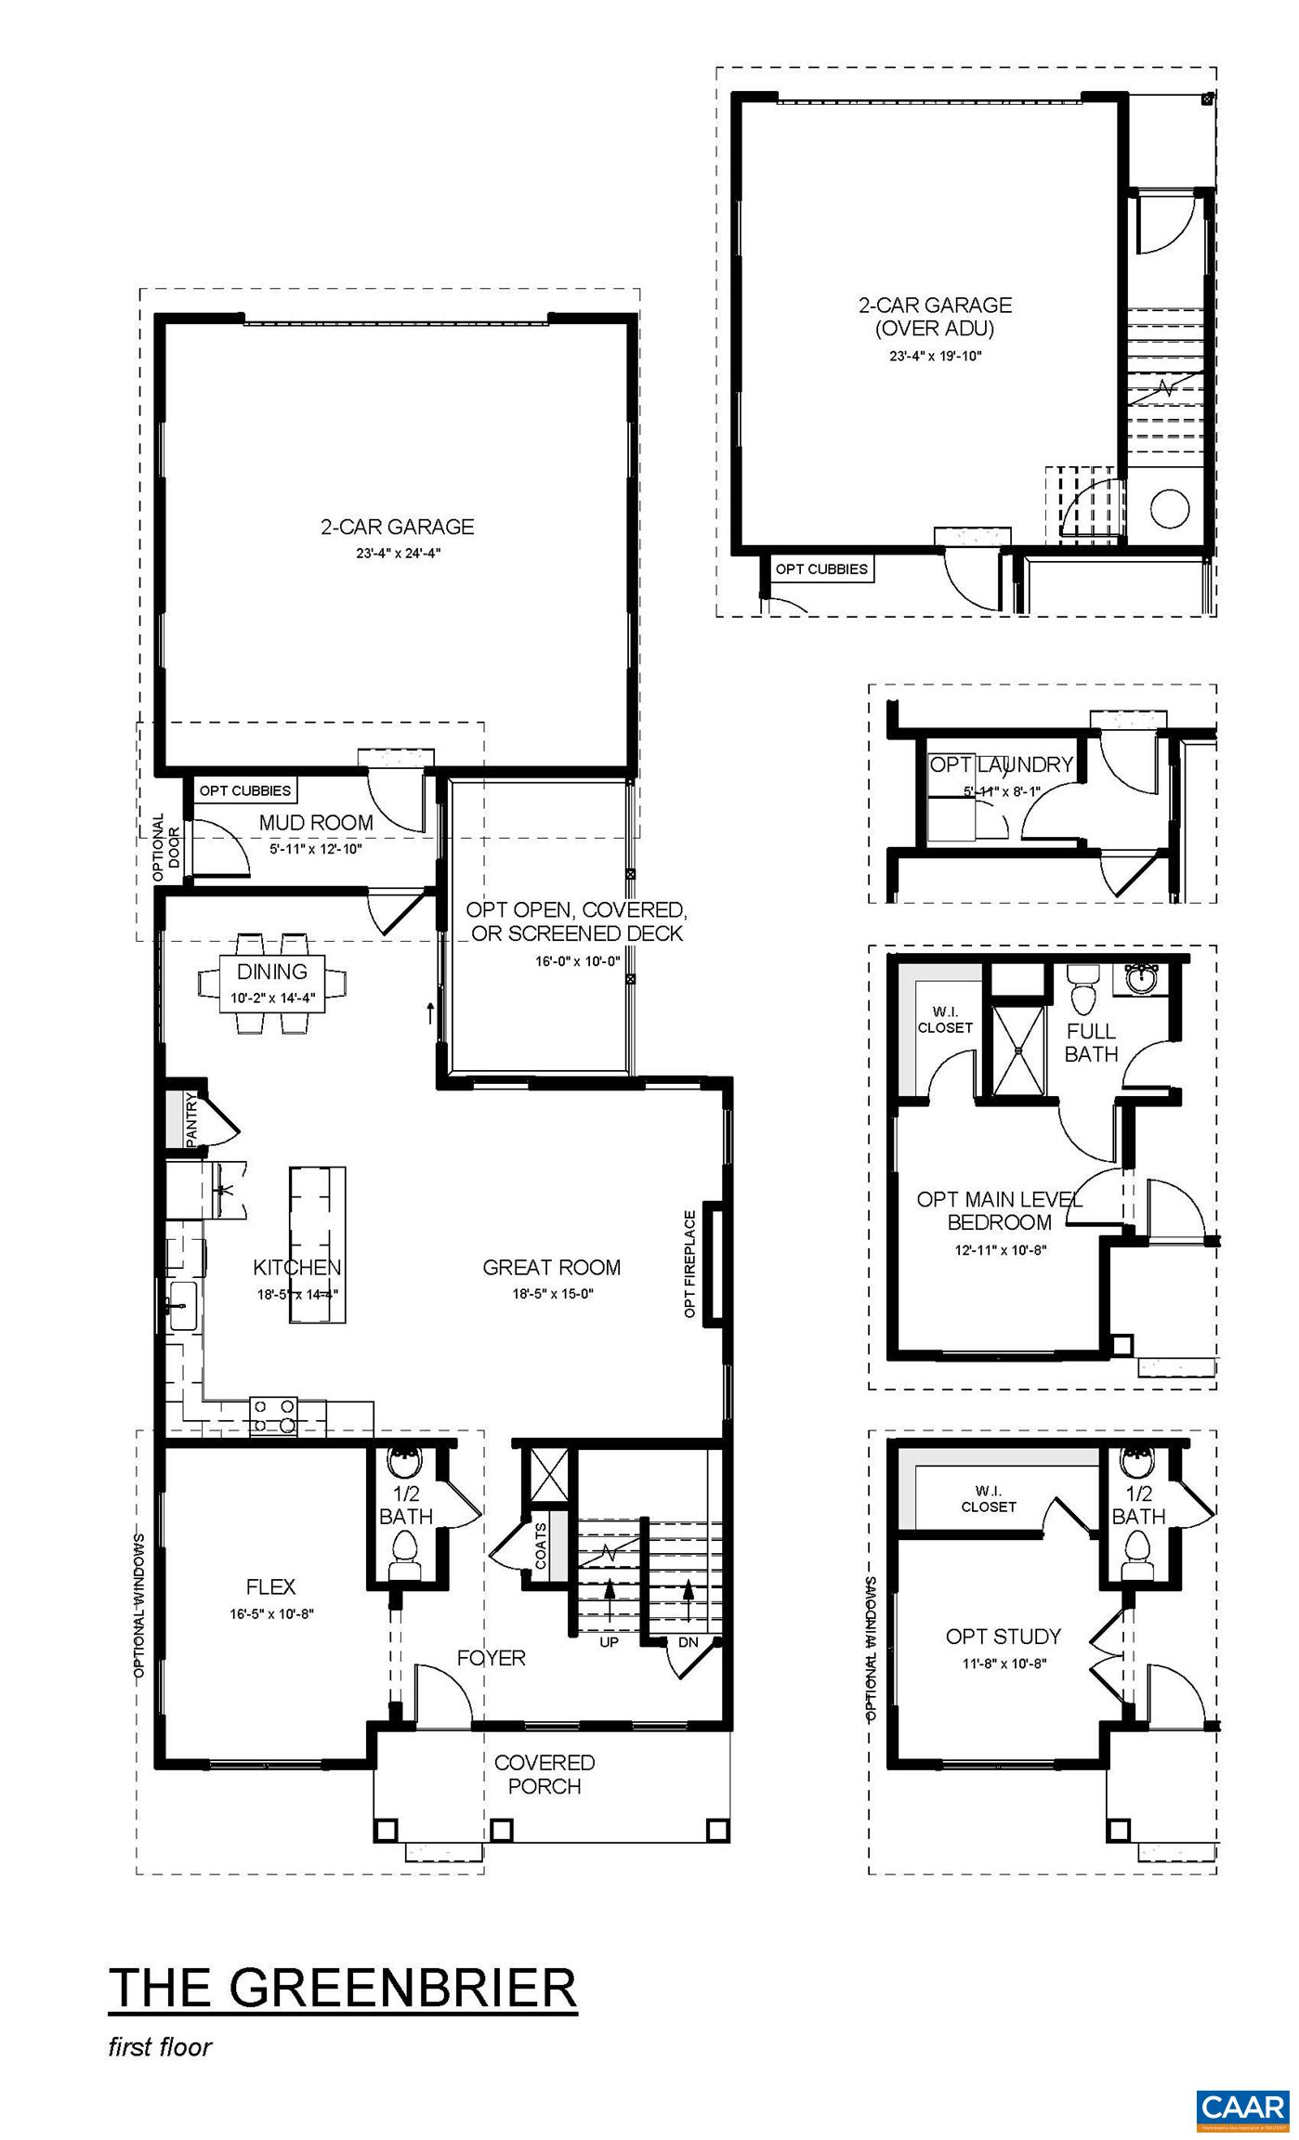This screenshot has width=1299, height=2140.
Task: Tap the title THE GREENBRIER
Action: point(343,1989)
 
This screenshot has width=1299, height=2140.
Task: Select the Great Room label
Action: point(551,1267)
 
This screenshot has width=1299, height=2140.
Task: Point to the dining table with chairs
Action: point(272,984)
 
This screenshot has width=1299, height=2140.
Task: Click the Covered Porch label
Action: point(545,1773)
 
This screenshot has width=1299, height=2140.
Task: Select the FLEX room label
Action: point(271,1586)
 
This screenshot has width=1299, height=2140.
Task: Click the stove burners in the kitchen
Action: point(274,1416)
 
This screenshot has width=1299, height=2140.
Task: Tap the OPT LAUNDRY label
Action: point(1002,764)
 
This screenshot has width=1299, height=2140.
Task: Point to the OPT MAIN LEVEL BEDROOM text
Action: point(999,1210)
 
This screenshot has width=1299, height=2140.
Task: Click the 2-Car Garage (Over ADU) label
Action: point(935,316)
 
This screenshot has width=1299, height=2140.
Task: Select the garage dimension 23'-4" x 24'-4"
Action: point(397,553)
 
